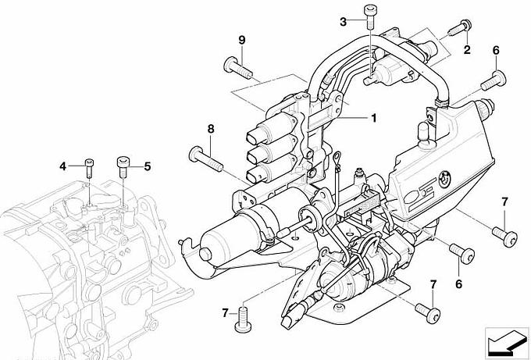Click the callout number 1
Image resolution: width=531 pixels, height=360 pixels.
pyautogui.click(x=374, y=119)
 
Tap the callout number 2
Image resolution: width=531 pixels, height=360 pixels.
pyautogui.click(x=467, y=50)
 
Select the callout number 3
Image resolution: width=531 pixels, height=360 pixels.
pyautogui.click(x=344, y=22)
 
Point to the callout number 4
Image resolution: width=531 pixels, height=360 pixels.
pyautogui.click(x=63, y=166)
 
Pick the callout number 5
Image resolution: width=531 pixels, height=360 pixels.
pyautogui.click(x=148, y=166)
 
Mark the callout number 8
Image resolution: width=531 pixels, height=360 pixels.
pyautogui.click(x=211, y=129)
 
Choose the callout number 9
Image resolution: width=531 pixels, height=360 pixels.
pyautogui.click(x=242, y=40)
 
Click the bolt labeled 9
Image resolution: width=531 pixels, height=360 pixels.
pyautogui.click(x=237, y=68)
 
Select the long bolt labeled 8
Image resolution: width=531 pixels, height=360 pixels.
pyautogui.click(x=205, y=159)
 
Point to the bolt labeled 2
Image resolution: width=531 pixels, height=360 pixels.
pyautogui.click(x=459, y=27)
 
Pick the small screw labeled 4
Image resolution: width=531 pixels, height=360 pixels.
pyautogui.click(x=89, y=168)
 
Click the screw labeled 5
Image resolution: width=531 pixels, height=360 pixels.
pyautogui.click(x=123, y=166)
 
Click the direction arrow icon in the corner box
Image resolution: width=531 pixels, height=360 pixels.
pyautogui.click(x=507, y=342)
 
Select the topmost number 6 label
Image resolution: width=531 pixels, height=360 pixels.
pyautogui.click(x=496, y=51)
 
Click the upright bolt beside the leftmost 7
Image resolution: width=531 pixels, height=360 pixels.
pyautogui.click(x=243, y=318)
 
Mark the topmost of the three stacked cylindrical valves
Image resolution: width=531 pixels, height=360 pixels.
pyautogui.click(x=271, y=127)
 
